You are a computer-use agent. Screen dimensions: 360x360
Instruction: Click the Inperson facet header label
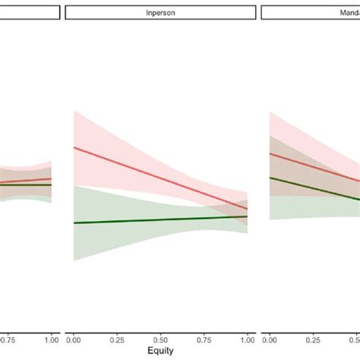pos(160,13)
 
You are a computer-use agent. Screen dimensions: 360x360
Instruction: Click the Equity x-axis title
pos(160,351)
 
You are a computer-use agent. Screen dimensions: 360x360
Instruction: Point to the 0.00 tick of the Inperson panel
pos(74,339)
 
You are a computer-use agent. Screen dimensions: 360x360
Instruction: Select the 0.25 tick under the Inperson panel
pos(117,339)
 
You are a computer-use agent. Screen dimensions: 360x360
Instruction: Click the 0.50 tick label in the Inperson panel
pos(160,339)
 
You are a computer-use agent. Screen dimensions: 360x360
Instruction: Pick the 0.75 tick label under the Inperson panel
pos(204,339)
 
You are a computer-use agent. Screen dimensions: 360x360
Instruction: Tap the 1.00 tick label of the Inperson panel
pos(247,339)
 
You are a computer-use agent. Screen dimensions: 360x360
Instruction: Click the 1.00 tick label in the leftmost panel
pos(51,339)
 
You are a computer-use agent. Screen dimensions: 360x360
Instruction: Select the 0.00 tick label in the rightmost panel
pos(270,339)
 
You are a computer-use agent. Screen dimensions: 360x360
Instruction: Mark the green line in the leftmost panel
pos(23,185)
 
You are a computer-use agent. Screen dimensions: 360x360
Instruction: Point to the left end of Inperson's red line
pos(74,147)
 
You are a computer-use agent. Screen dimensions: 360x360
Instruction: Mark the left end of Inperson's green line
pos(74,223)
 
